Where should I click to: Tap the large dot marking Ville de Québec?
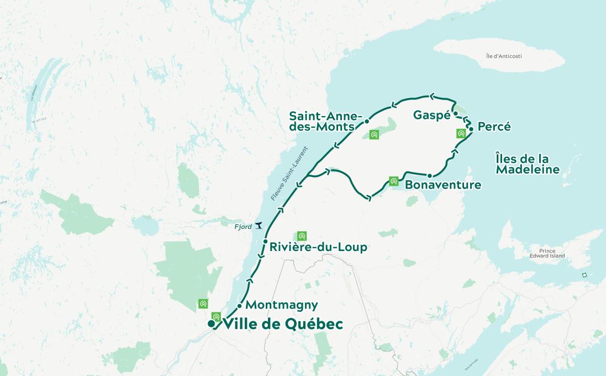(x=211, y=323)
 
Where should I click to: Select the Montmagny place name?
(x=281, y=305)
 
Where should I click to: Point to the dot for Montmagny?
(x=239, y=306)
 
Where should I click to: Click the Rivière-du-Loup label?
(x=318, y=247)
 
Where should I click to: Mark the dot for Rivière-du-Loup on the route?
(x=266, y=242)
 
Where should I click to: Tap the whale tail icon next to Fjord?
(x=257, y=226)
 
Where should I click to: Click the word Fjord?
(x=243, y=227)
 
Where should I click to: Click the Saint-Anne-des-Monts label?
(x=325, y=121)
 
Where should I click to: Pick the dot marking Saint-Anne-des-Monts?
(x=367, y=121)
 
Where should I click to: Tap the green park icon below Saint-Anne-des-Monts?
(x=374, y=134)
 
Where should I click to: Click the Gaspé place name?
(x=432, y=115)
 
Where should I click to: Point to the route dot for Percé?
(x=471, y=129)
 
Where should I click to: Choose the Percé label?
(x=494, y=127)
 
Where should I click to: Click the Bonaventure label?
(x=442, y=185)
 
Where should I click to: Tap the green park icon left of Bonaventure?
(x=393, y=181)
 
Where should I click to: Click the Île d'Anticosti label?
(x=504, y=56)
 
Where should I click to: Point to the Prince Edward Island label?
(x=547, y=253)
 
